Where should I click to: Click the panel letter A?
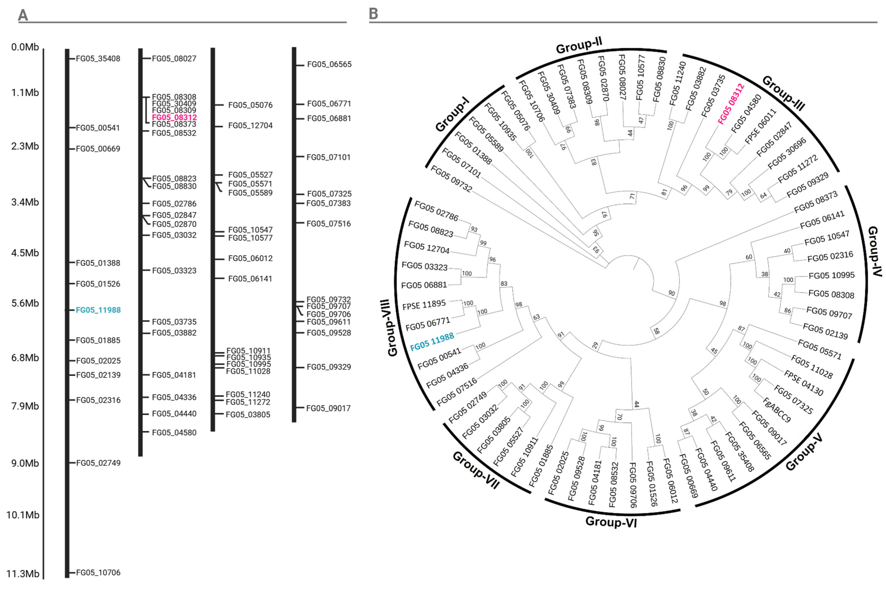(23, 15)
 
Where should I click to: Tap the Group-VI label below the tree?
(611, 522)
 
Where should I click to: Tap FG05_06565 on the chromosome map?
(329, 65)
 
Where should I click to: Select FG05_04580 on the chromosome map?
(174, 432)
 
